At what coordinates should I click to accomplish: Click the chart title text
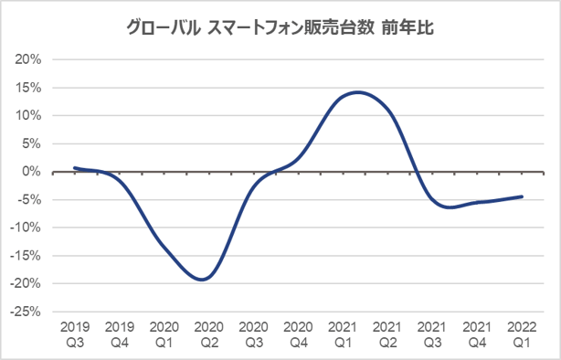[280, 27]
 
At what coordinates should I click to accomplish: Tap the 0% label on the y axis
[31, 172]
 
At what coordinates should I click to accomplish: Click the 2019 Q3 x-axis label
[75, 333]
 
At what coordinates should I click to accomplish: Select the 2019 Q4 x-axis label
[120, 333]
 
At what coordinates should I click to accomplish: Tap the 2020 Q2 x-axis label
[209, 333]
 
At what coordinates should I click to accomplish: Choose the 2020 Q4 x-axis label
[298, 333]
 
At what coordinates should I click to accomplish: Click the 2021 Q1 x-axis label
[343, 333]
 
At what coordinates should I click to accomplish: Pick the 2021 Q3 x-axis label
[432, 333]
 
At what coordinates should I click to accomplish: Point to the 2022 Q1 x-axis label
[522, 333]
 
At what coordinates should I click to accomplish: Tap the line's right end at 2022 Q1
[522, 196]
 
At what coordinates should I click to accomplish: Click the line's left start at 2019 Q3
[75, 168]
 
